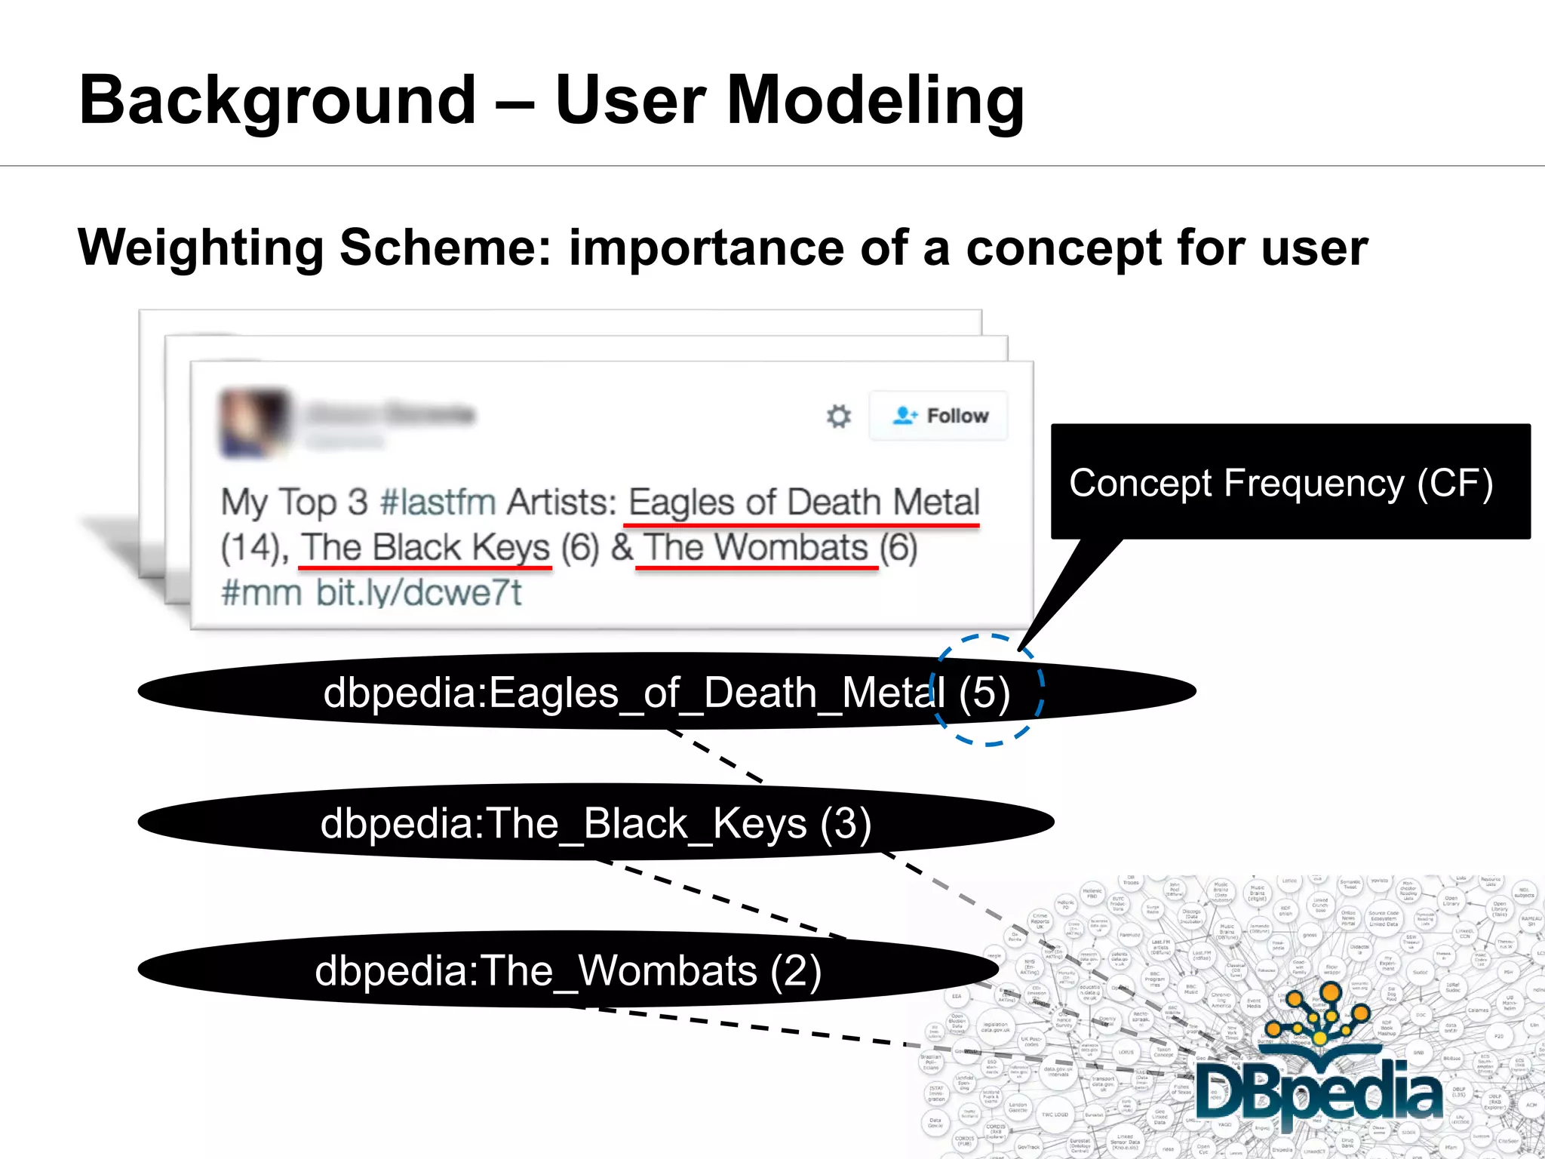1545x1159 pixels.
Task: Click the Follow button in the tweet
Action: click(939, 416)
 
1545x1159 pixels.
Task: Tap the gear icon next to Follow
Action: click(838, 416)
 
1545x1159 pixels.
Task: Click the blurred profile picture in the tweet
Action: click(254, 423)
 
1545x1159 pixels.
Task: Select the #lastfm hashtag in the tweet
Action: click(438, 503)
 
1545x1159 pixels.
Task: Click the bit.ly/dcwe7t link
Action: click(419, 592)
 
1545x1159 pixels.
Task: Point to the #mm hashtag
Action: click(261, 592)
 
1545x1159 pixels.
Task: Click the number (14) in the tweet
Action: click(250, 549)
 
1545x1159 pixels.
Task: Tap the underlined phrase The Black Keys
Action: click(425, 548)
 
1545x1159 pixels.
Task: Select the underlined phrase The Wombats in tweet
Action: click(756, 548)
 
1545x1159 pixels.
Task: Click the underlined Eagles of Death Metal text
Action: click(803, 503)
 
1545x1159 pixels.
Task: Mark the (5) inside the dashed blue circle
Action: click(984, 693)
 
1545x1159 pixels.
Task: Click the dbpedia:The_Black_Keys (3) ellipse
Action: click(596, 822)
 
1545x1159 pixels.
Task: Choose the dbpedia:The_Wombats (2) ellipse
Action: click(567, 970)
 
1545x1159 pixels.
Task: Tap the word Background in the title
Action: click(278, 100)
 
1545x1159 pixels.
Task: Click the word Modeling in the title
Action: click(875, 100)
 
